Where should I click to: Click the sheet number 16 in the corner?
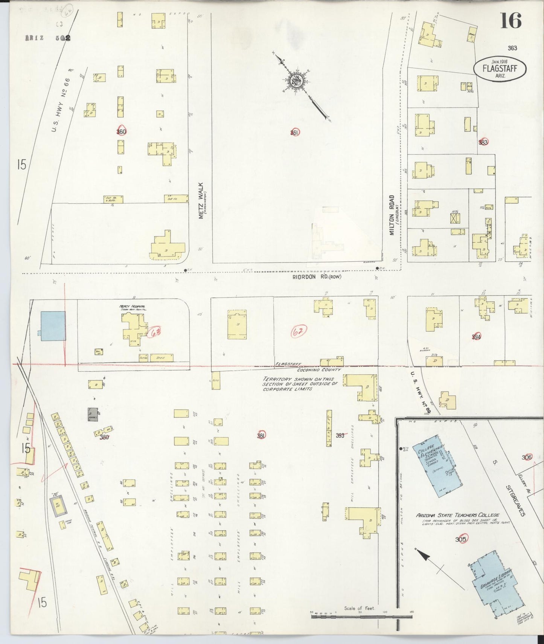pyautogui.click(x=511, y=20)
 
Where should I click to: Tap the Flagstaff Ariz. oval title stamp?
pyautogui.click(x=500, y=69)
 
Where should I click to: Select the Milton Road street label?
pyautogui.click(x=392, y=215)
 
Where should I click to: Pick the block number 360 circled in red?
pyautogui.click(x=121, y=131)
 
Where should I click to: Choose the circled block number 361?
pyautogui.click(x=295, y=132)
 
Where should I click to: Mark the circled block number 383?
pyautogui.click(x=483, y=142)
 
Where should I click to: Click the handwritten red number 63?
pyautogui.click(x=154, y=333)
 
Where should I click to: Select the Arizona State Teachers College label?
pyautogui.click(x=457, y=515)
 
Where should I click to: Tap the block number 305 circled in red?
pyautogui.click(x=460, y=539)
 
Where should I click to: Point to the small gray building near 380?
pyautogui.click(x=93, y=414)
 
